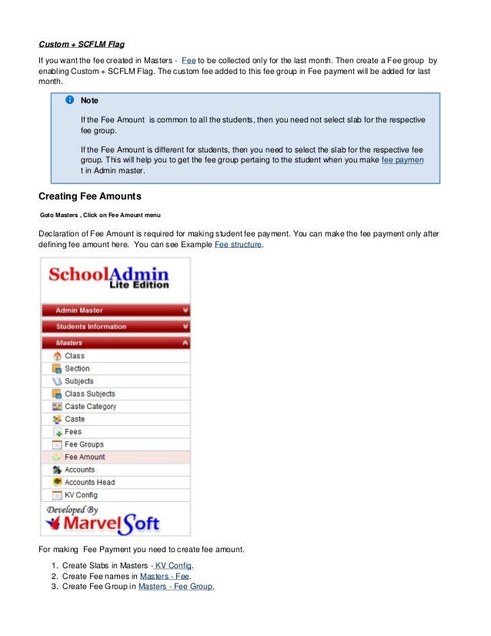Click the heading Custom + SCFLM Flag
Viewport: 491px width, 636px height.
pyautogui.click(x=80, y=43)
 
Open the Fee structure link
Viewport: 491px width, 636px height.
pyautogui.click(x=237, y=244)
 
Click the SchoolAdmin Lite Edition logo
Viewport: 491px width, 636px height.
pyautogui.click(x=109, y=276)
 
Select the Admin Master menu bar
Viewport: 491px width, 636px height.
pyautogui.click(x=115, y=310)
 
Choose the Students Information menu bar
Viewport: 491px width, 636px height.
pyautogui.click(x=115, y=326)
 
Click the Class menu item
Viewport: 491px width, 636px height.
pyautogui.click(x=75, y=356)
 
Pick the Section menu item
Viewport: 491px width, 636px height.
pyautogui.click(x=77, y=369)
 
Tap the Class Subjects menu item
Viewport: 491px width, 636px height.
pyautogui.click(x=89, y=394)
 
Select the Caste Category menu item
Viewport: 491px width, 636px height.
pyautogui.click(x=90, y=407)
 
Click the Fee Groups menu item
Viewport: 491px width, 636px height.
pyautogui.click(x=84, y=444)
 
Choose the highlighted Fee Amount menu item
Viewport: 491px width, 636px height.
pyautogui.click(x=85, y=457)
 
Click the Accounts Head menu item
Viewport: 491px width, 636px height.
pyautogui.click(x=89, y=483)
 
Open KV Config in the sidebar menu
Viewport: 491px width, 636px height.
pyautogui.click(x=81, y=495)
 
